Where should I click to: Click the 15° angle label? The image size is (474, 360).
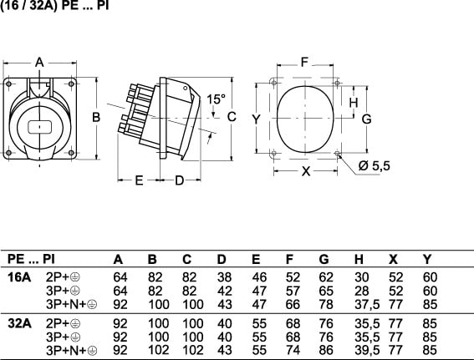[x=216, y=99]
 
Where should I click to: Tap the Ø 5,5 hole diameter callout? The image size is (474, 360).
[x=374, y=166]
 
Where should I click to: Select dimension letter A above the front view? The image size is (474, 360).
[x=39, y=63]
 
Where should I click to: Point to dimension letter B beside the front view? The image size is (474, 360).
[x=96, y=117]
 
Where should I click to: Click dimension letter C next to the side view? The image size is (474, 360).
[x=232, y=117]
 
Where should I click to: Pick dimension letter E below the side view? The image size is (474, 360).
[x=139, y=180]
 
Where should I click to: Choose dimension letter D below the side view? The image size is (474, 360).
[x=179, y=180]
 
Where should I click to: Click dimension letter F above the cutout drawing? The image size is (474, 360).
[x=304, y=62]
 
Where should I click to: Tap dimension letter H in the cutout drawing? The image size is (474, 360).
[x=354, y=103]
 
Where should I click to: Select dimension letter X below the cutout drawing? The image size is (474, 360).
[x=306, y=171]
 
